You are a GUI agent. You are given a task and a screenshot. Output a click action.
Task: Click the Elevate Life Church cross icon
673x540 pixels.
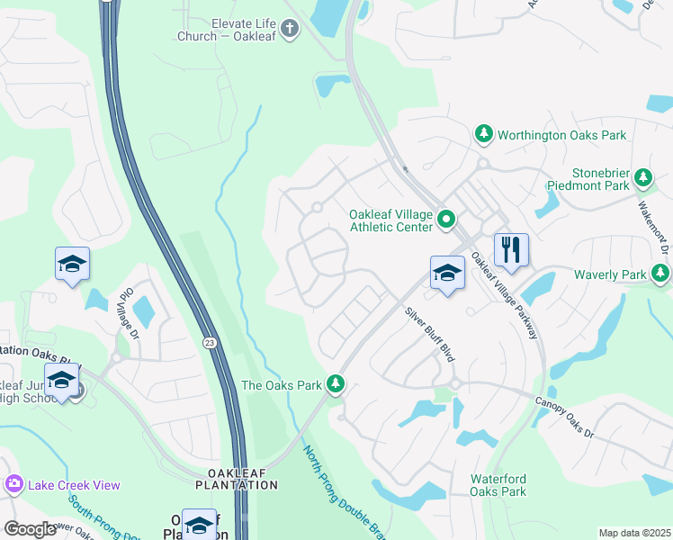(x=290, y=30)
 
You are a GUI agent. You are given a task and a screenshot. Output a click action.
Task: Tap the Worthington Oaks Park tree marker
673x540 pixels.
(x=484, y=134)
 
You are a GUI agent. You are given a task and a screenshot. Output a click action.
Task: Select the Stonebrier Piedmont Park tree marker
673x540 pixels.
(x=643, y=178)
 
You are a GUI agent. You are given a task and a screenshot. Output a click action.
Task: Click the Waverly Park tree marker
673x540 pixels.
(x=661, y=273)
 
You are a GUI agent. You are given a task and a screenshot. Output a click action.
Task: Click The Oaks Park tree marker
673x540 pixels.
(x=336, y=384)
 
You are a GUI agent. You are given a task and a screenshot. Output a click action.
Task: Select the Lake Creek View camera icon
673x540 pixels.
(x=13, y=485)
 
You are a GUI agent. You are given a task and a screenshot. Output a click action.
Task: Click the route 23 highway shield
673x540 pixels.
(x=209, y=342)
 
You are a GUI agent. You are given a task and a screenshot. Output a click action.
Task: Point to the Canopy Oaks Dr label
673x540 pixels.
(x=565, y=418)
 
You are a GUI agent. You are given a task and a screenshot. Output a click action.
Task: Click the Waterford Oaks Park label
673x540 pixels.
(x=498, y=485)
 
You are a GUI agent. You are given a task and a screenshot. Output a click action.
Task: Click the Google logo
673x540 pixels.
(x=30, y=529)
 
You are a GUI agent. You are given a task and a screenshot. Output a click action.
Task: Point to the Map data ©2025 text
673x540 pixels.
(x=633, y=533)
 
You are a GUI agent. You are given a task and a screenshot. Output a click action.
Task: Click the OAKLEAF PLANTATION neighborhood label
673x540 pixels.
(x=237, y=479)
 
